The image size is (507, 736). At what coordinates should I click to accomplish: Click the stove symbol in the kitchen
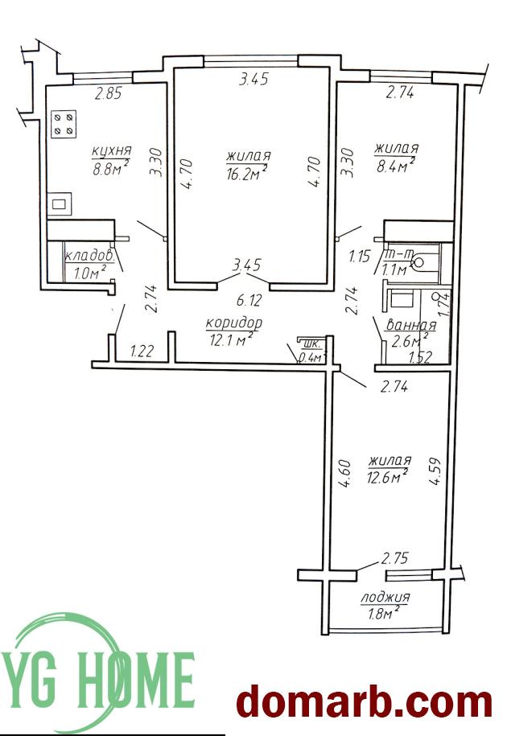(x=64, y=124)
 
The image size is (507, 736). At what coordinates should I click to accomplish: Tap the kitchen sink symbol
(x=60, y=204)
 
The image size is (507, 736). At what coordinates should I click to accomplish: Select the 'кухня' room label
(x=112, y=151)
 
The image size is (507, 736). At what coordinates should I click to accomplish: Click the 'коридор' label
(x=233, y=323)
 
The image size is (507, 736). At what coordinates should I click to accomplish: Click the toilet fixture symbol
(x=424, y=263)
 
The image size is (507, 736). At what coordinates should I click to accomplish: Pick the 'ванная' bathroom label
(x=410, y=325)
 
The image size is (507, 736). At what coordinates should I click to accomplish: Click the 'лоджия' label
(x=385, y=598)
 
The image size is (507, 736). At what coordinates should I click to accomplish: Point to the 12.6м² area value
(x=388, y=477)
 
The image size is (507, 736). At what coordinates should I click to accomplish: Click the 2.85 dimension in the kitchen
(x=108, y=94)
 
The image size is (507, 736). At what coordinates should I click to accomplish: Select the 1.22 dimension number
(x=142, y=351)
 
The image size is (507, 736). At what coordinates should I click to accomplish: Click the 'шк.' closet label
(x=312, y=343)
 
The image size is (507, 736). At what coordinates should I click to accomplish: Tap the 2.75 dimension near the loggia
(x=394, y=558)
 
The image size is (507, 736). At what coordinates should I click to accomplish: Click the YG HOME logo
(x=97, y=671)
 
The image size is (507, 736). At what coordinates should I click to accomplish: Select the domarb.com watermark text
(x=364, y=704)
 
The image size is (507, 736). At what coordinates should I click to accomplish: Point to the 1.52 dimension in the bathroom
(x=420, y=358)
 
